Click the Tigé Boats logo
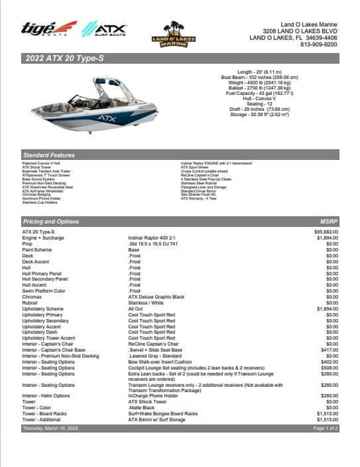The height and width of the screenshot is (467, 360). tap(49, 29)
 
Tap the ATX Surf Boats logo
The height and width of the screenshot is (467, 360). tap(104, 29)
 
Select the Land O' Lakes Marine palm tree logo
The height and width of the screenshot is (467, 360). tap(173, 34)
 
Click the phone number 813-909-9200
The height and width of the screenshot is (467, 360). tap(318, 44)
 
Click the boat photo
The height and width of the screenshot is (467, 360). tap(95, 103)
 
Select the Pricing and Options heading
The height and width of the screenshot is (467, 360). tap(51, 222)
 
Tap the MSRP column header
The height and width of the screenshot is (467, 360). tap(328, 222)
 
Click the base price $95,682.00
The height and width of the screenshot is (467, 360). tap(326, 232)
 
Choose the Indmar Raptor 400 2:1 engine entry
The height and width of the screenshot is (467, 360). tap(153, 238)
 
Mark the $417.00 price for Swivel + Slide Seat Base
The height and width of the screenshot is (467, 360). tap(330, 350)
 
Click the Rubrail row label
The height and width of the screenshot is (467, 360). tap(30, 303)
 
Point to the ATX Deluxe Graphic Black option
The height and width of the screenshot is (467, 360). tap(156, 297)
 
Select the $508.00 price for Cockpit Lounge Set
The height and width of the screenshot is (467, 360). tap(330, 368)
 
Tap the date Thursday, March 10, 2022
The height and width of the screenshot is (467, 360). tap(50, 429)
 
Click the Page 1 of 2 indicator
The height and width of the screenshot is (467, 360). tap(325, 429)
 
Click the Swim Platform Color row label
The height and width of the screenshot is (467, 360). tap(44, 291)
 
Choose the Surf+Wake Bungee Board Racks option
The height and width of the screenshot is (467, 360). tap(163, 414)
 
